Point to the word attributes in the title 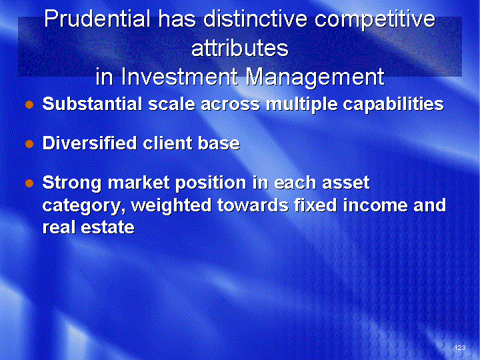pyautogui.click(x=240, y=48)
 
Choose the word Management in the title pyautogui.click(x=315, y=78)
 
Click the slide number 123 pyautogui.click(x=460, y=347)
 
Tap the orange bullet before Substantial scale pyautogui.click(x=29, y=105)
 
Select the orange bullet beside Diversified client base pyautogui.click(x=29, y=144)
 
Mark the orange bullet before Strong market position pyautogui.click(x=29, y=183)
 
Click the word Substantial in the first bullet pyautogui.click(x=93, y=104)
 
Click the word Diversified pyautogui.click(x=90, y=143)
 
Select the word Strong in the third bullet pyautogui.click(x=72, y=183)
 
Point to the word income pyautogui.click(x=375, y=205)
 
